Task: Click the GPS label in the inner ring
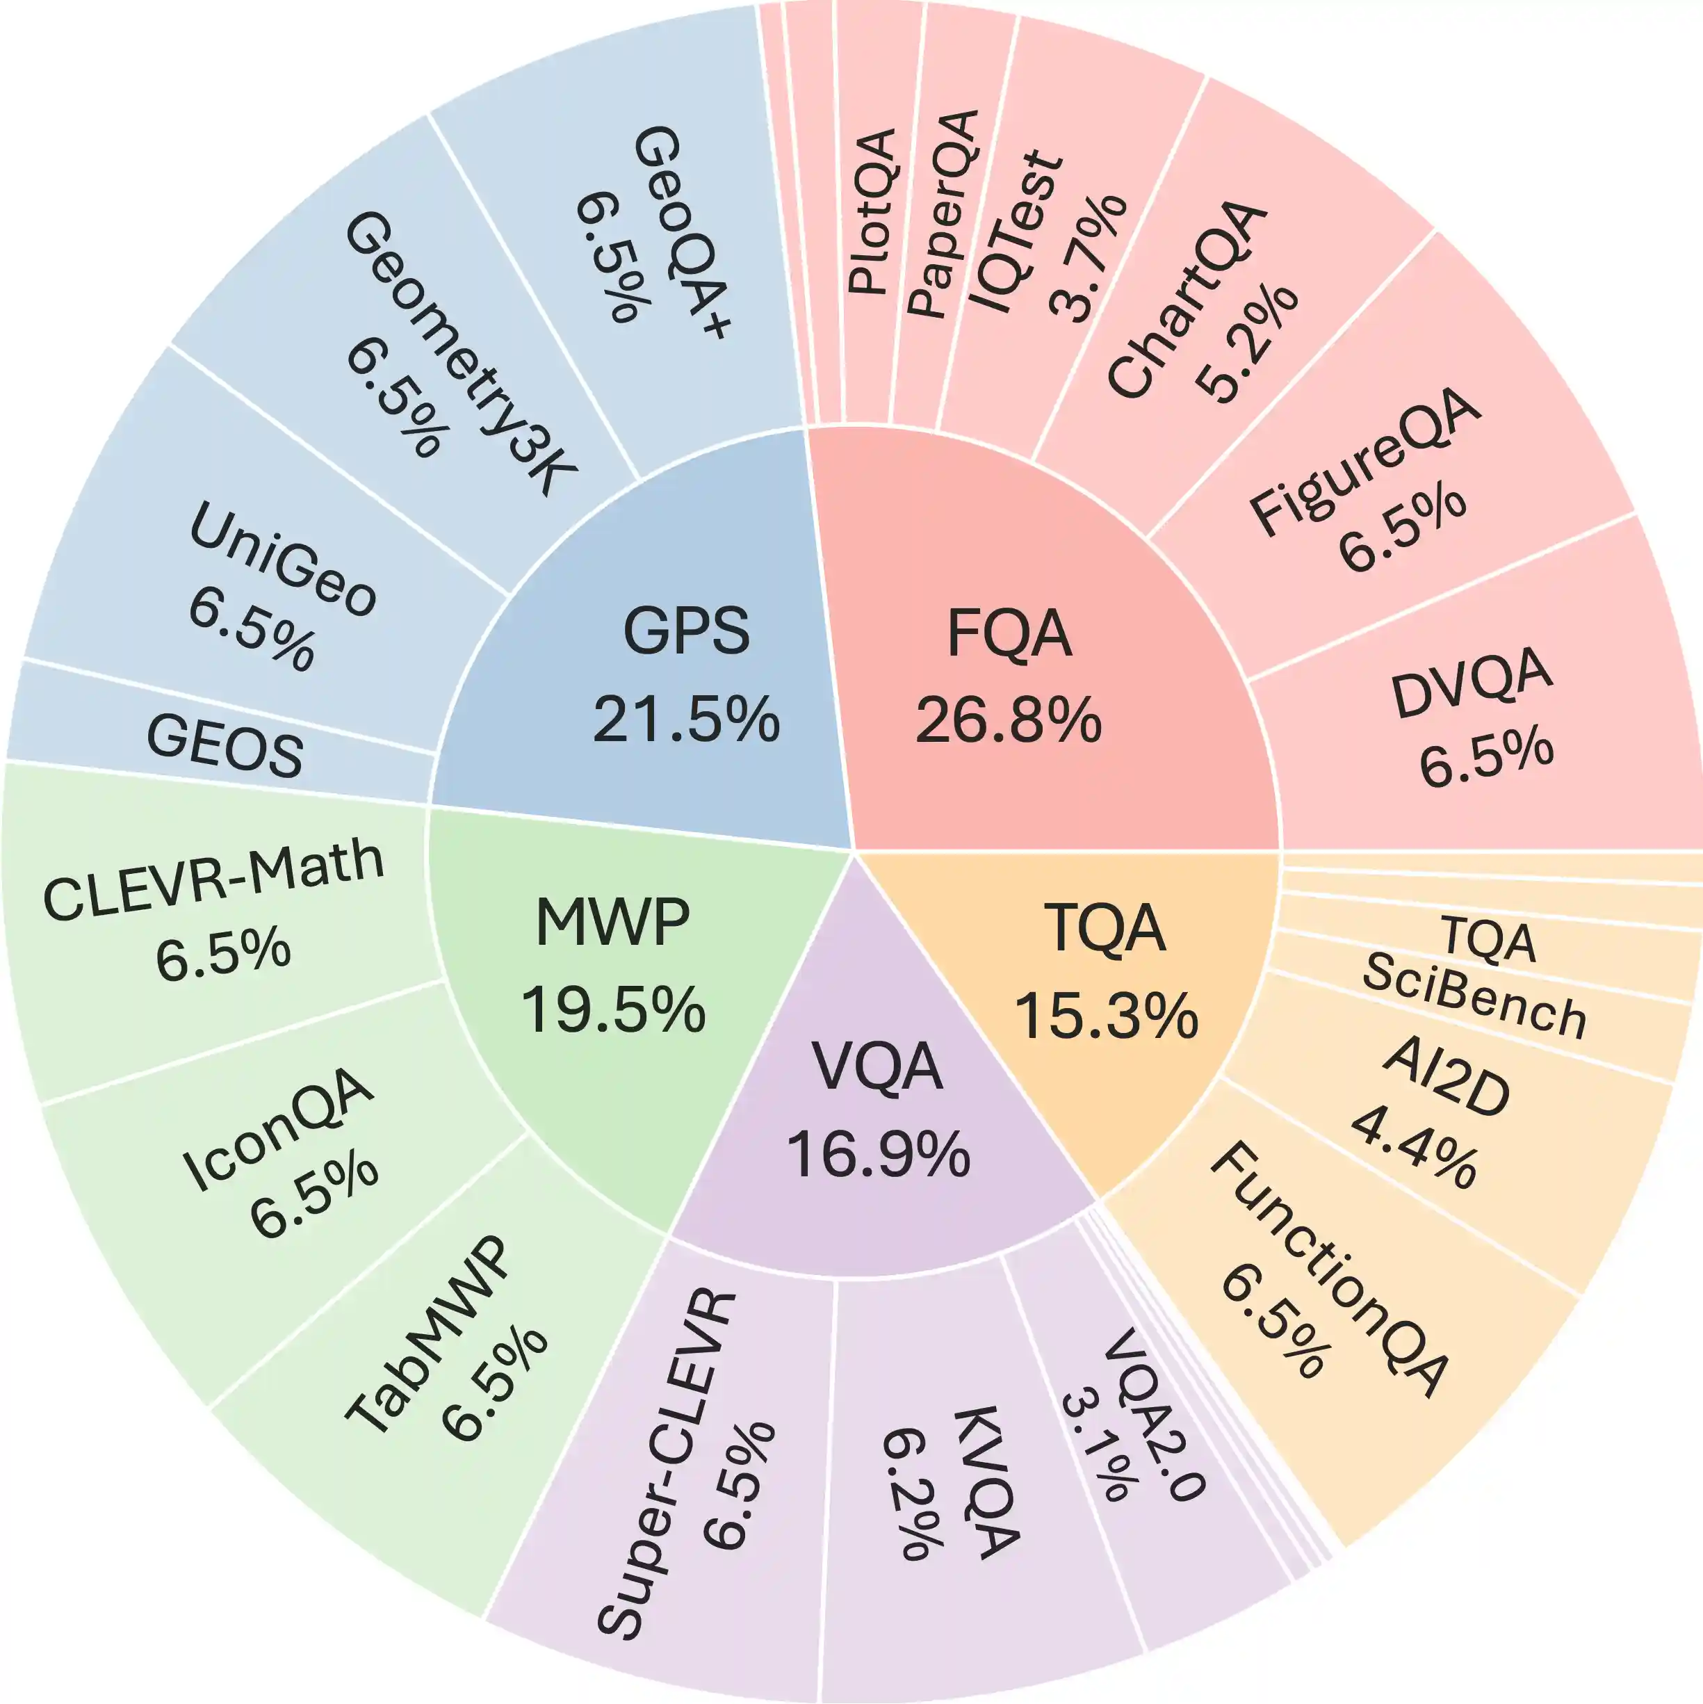[686, 631]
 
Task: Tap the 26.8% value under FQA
[1008, 720]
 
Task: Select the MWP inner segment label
[612, 923]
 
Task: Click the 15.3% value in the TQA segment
[1106, 1015]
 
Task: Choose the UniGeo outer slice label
[282, 558]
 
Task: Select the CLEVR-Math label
[214, 880]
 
